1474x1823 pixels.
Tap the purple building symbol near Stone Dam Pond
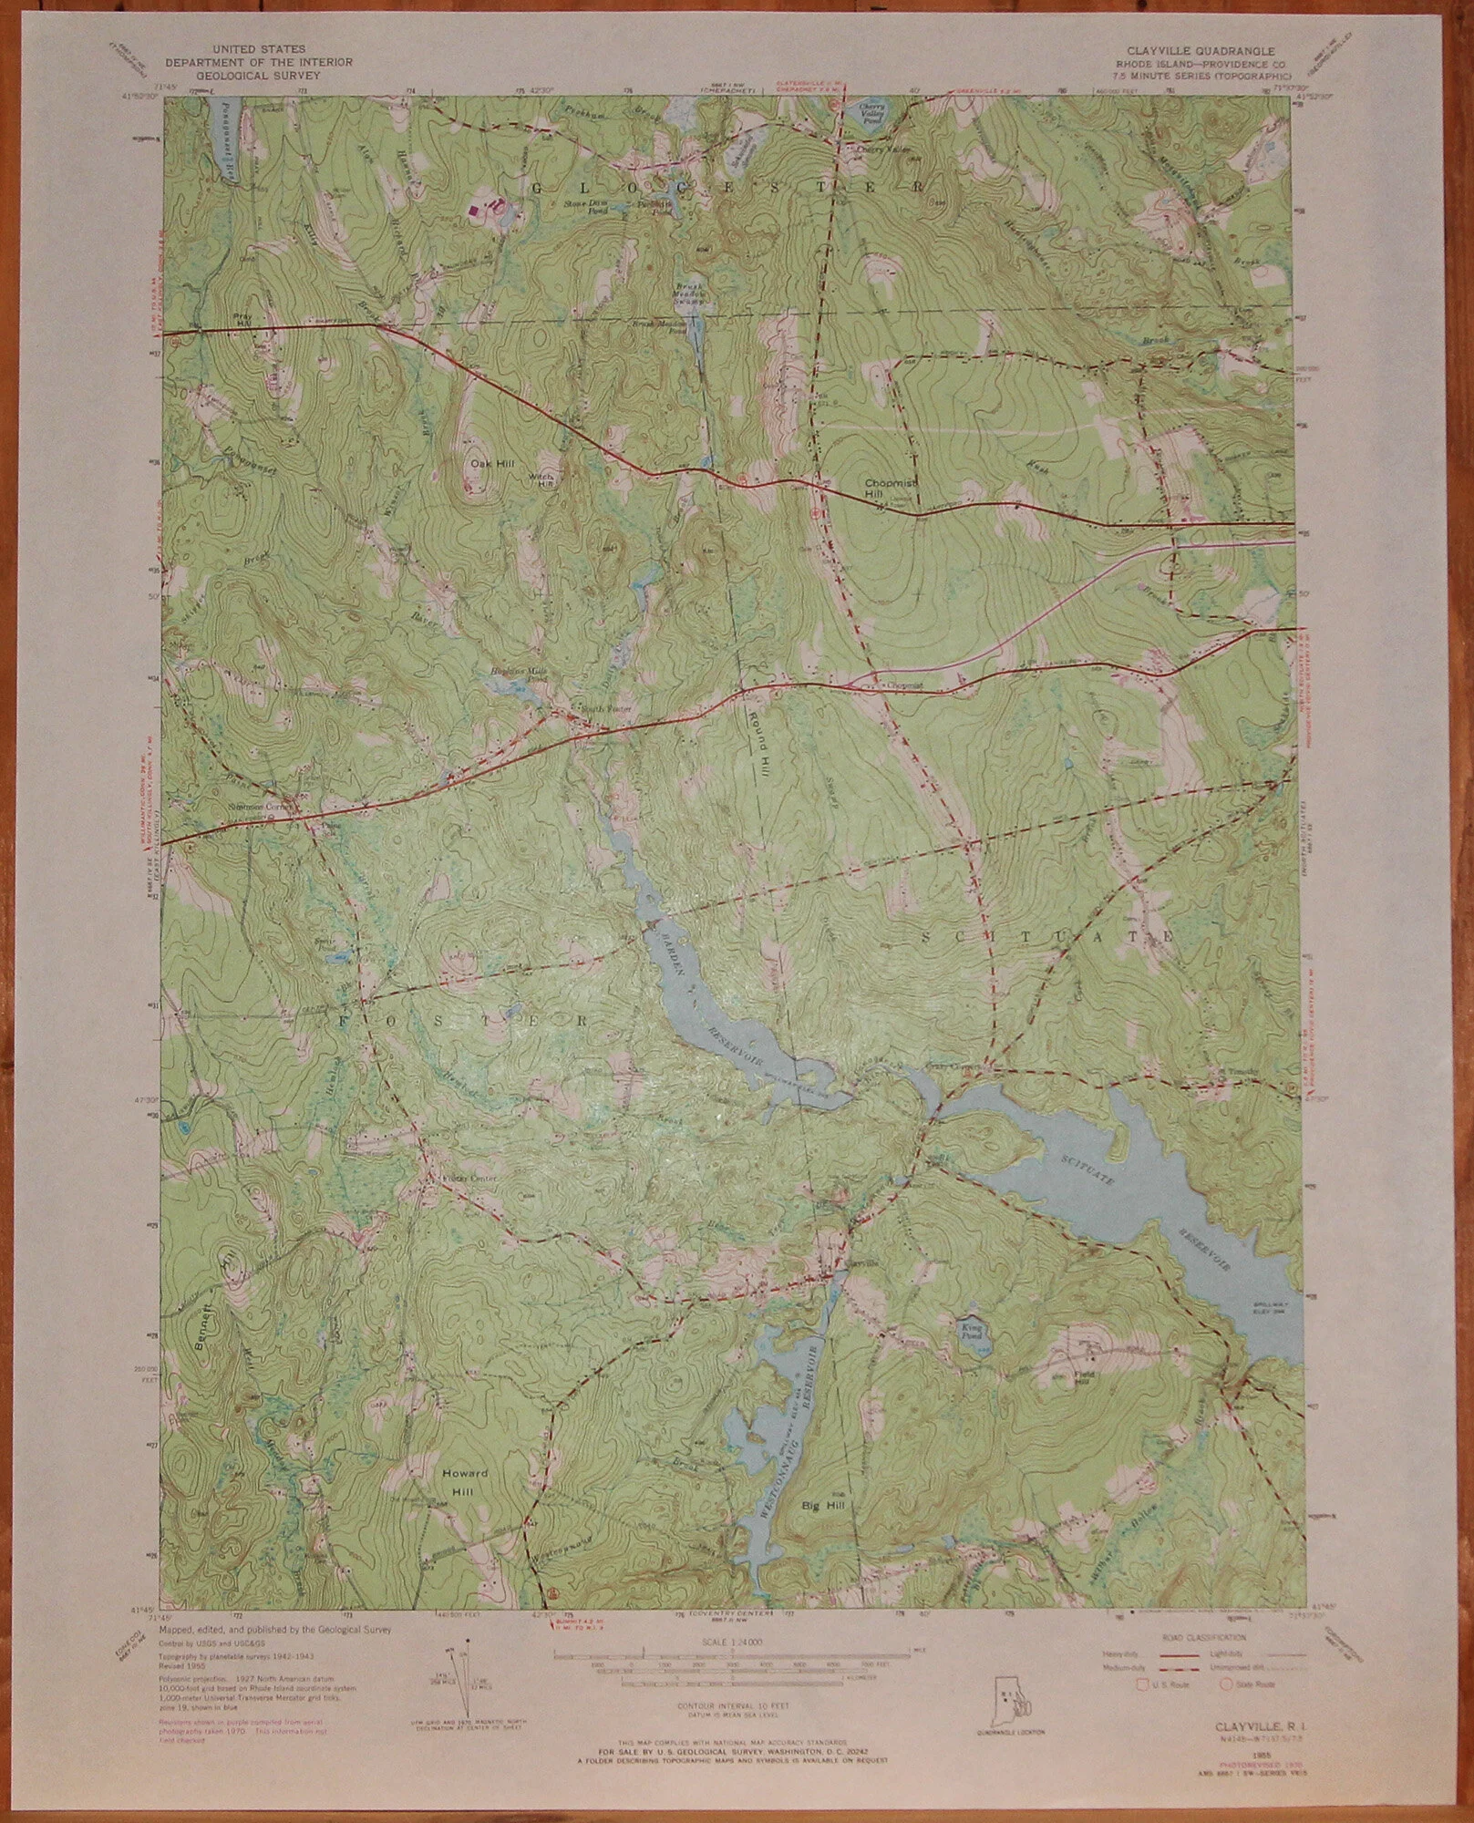point(473,209)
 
